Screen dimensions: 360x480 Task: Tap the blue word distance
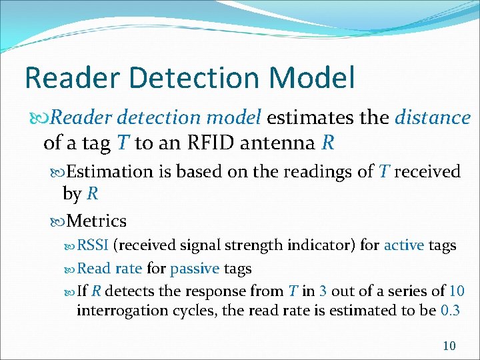click(433, 118)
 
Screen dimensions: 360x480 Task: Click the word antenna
click(283, 143)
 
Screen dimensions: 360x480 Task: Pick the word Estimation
click(110, 171)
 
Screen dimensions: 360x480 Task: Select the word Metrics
click(97, 220)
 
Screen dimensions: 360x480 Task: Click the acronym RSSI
click(93, 245)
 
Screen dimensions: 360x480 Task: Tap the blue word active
click(403, 245)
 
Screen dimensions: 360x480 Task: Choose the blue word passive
click(195, 269)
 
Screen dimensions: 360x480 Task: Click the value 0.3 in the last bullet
click(451, 311)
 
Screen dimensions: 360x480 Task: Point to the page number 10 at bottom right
click(449, 345)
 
